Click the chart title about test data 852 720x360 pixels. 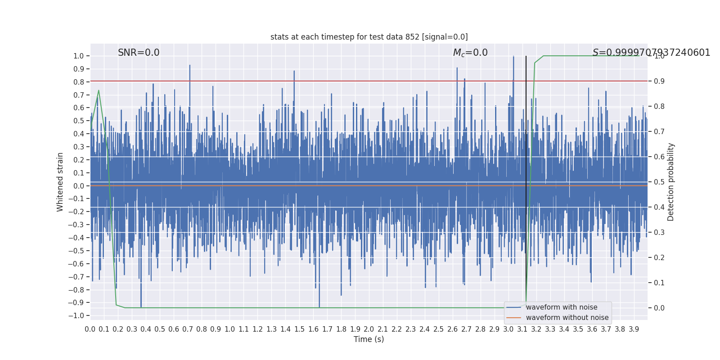pyautogui.click(x=369, y=37)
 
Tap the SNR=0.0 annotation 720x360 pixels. pyautogui.click(x=139, y=53)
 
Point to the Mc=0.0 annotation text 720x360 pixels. pyautogui.click(x=470, y=53)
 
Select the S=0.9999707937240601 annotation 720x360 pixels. pyautogui.click(x=651, y=53)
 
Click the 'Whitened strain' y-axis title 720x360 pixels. pyautogui.click(x=60, y=182)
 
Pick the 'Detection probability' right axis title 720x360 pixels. pyautogui.click(x=671, y=182)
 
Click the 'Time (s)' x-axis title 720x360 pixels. pyautogui.click(x=369, y=339)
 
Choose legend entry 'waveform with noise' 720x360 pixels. pyautogui.click(x=561, y=307)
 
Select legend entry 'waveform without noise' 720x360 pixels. pyautogui.click(x=567, y=318)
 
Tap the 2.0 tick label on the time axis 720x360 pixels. pyautogui.click(x=369, y=329)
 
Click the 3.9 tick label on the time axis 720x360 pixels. pyautogui.click(x=634, y=329)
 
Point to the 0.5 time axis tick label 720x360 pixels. pyautogui.click(x=160, y=329)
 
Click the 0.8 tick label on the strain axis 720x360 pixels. pyautogui.click(x=79, y=82)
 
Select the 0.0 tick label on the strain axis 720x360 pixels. pyautogui.click(x=79, y=186)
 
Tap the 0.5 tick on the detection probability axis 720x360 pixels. pyautogui.click(x=659, y=182)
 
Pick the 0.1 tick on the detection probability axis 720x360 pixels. pyautogui.click(x=659, y=283)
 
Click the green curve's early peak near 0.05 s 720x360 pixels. pyautogui.click(x=99, y=90)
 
